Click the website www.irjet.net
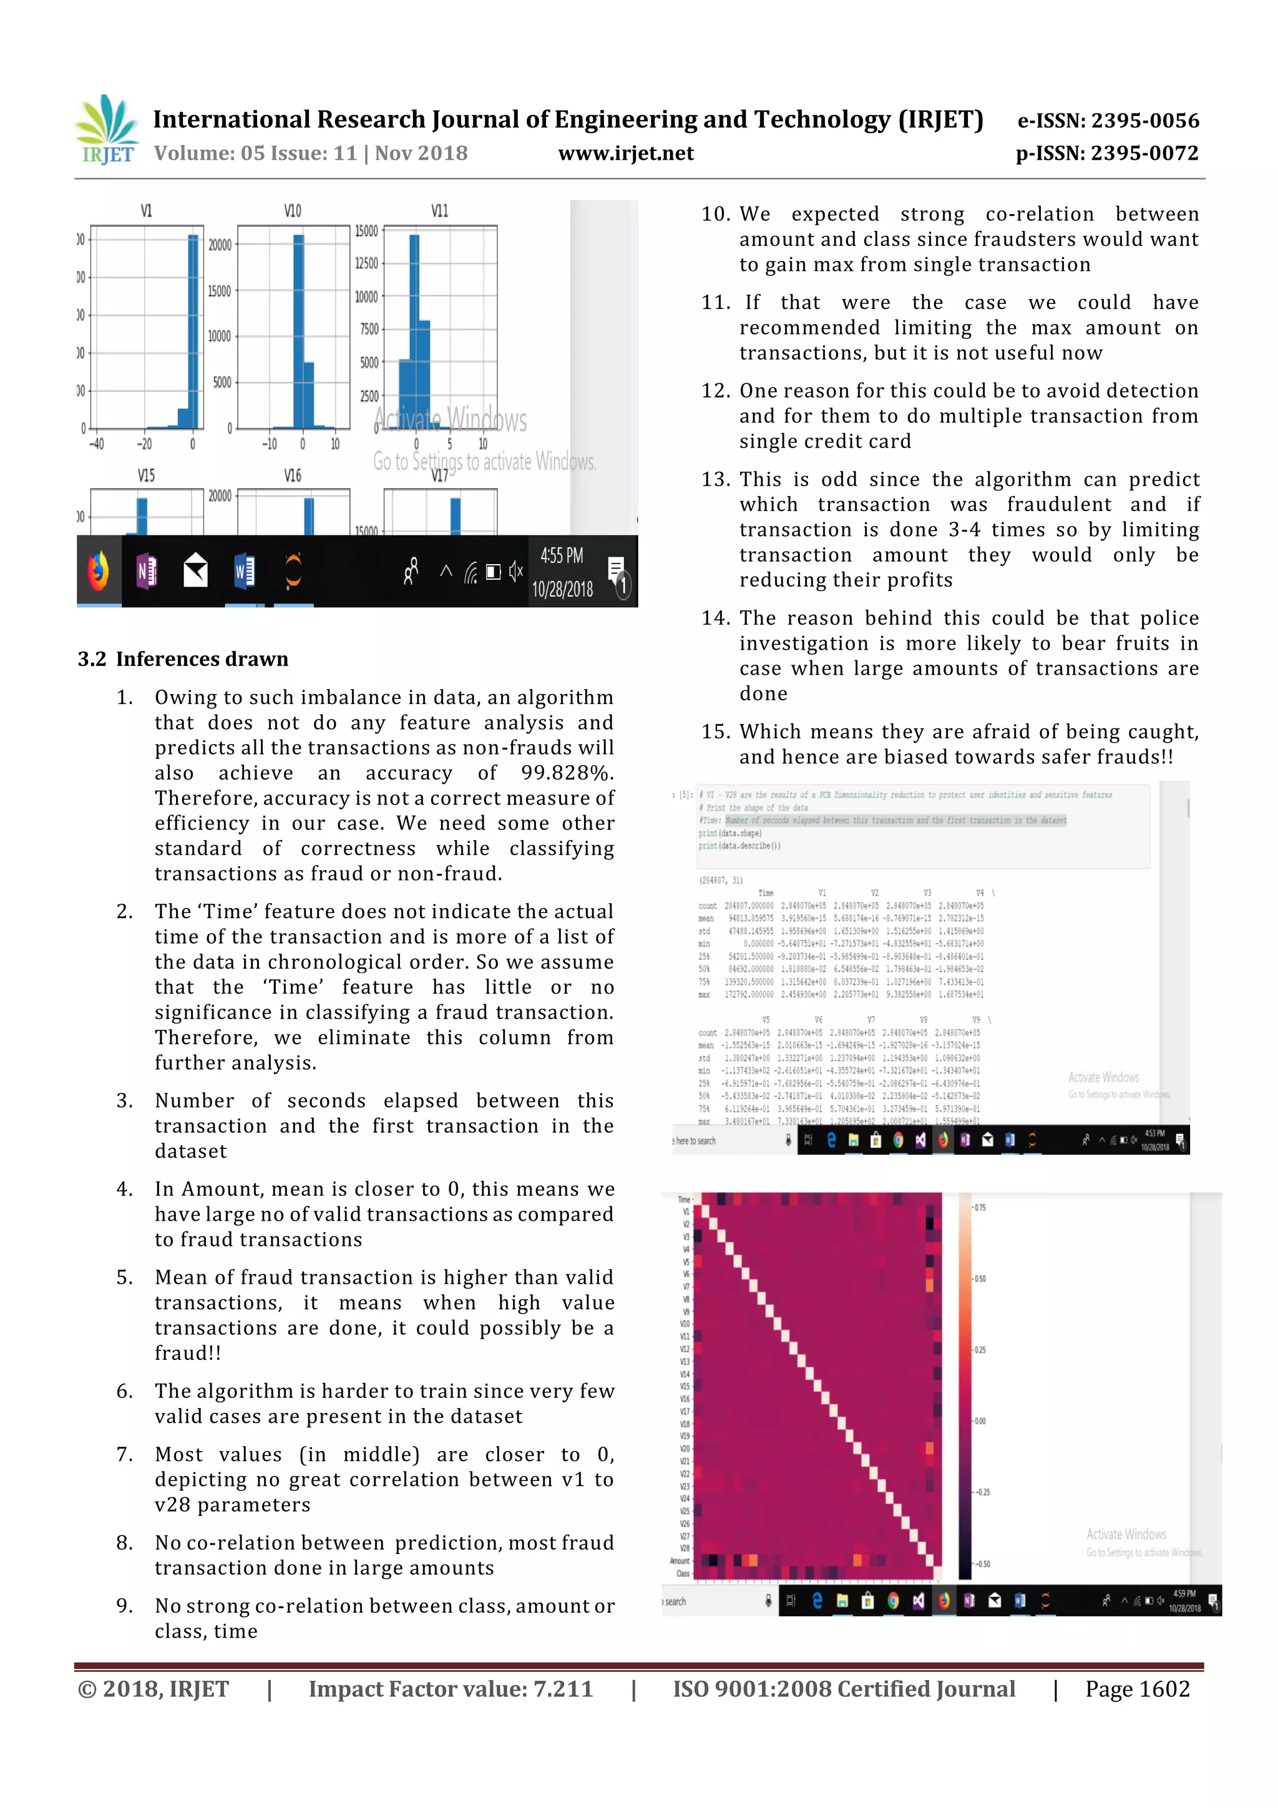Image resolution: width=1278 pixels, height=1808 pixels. point(626,154)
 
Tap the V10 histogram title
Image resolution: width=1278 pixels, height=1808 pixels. point(292,211)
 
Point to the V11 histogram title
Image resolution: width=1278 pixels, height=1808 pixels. point(439,211)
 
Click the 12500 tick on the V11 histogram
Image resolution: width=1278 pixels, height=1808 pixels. point(366,263)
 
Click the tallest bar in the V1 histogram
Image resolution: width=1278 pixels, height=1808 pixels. point(193,331)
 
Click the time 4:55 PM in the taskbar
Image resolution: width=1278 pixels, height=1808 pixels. point(562,556)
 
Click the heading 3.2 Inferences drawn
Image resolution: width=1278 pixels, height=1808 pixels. point(183,659)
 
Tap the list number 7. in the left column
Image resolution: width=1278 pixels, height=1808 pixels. point(124,1454)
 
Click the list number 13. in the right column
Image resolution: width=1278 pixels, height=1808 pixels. point(716,479)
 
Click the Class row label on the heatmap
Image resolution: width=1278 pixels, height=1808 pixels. point(682,1573)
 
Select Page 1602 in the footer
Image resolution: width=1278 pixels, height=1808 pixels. point(1137,1689)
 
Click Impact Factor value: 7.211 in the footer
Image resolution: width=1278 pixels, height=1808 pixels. point(451,1689)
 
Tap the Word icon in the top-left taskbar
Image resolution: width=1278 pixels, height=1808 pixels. point(244,571)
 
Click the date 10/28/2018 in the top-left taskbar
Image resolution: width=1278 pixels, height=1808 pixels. point(562,589)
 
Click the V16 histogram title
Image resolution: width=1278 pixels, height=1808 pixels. point(292,476)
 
